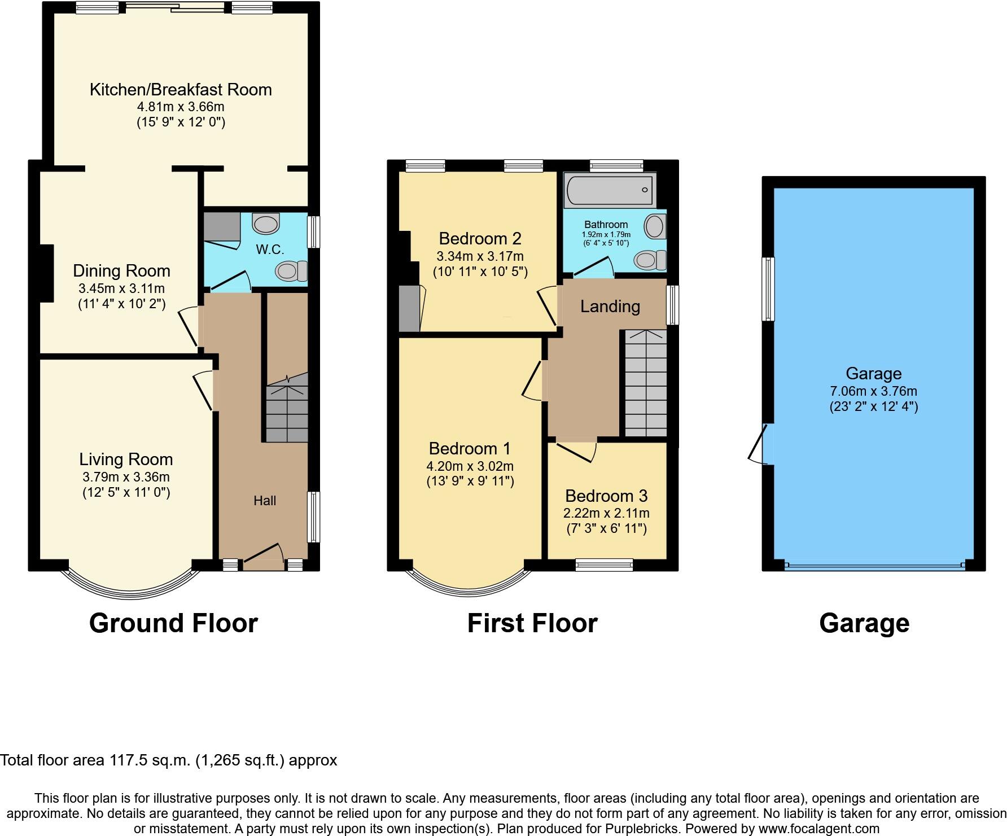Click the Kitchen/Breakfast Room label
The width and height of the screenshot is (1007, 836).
point(181,90)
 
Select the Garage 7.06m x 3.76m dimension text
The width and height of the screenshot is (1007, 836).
point(873,391)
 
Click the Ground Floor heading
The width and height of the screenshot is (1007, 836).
point(173,623)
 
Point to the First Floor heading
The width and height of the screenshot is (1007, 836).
point(532,623)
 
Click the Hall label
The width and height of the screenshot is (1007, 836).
point(265,501)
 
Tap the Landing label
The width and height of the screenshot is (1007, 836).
point(610,307)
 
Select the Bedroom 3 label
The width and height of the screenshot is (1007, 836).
point(606,496)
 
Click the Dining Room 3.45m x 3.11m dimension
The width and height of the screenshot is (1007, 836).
point(121,288)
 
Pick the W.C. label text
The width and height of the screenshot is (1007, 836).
point(270,250)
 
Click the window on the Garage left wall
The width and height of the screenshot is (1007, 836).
point(768,289)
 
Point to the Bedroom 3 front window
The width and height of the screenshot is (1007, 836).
point(604,565)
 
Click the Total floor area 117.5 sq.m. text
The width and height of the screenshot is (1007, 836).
point(168,760)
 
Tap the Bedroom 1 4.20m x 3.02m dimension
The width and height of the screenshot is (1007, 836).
point(470,466)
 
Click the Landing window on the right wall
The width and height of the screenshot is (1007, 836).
point(672,305)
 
